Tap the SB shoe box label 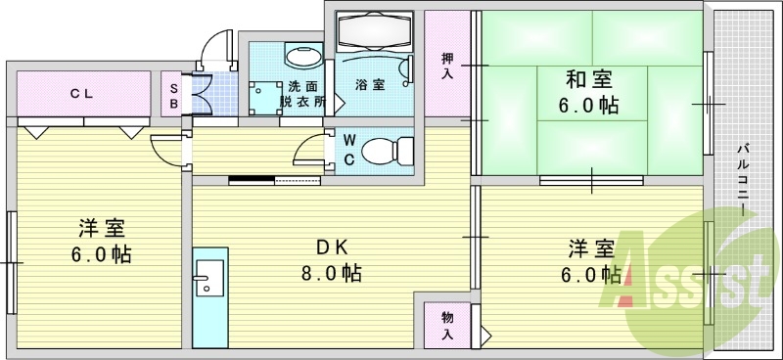point(174,94)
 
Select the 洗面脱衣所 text point(300,94)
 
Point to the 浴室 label point(369,84)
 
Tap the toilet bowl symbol point(386,151)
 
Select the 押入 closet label point(447,67)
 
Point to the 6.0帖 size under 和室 point(587,106)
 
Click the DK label point(325,247)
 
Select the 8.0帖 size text point(329,273)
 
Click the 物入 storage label point(447,325)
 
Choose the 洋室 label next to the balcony point(590,248)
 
